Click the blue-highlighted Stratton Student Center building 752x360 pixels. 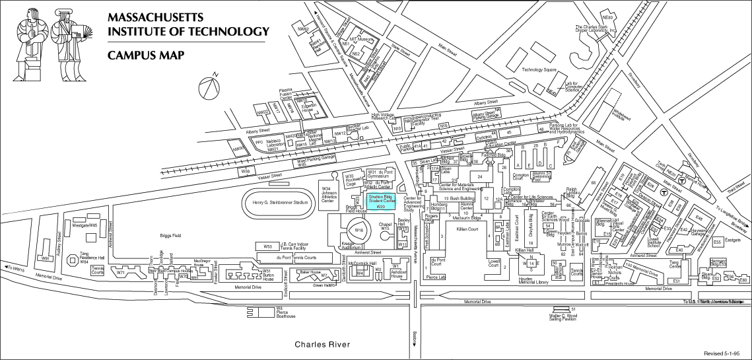[380, 201]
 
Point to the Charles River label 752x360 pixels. [322, 345]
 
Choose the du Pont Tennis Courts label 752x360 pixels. [296, 257]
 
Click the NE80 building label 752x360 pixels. [607, 17]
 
